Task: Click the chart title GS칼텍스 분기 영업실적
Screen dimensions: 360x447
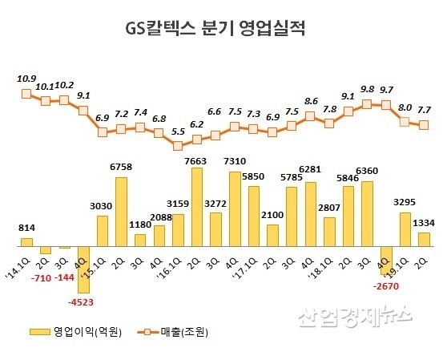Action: (x=215, y=29)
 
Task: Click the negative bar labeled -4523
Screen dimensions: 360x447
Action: (x=83, y=269)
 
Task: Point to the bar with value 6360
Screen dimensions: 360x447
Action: (x=368, y=213)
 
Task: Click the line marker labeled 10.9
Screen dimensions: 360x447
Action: (x=26, y=94)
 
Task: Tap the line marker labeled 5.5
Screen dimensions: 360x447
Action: (x=179, y=146)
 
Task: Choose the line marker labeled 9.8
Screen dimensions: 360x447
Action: (x=368, y=103)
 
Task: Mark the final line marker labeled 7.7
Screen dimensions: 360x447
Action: (x=425, y=124)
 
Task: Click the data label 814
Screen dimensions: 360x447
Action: (x=26, y=229)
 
